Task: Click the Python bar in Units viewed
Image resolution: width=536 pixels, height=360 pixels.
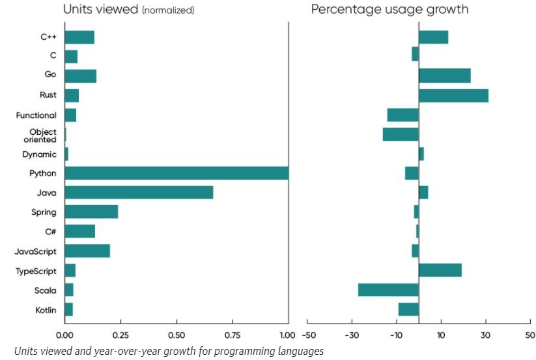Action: click(x=176, y=173)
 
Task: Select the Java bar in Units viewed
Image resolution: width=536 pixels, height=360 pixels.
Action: click(x=139, y=193)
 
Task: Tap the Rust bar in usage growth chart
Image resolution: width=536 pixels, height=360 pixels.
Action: click(x=453, y=96)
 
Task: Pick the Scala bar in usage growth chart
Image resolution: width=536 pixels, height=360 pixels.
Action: click(x=388, y=290)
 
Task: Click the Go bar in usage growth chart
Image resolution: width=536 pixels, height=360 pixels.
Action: click(x=444, y=76)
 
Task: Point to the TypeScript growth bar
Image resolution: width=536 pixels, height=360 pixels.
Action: click(x=440, y=270)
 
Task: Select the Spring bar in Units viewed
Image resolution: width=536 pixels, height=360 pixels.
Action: click(x=91, y=212)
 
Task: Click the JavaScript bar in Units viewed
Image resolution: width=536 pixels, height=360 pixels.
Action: click(x=87, y=251)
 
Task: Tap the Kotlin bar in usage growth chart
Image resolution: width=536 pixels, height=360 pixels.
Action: click(x=408, y=309)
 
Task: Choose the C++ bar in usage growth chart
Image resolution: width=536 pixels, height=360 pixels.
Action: click(x=433, y=37)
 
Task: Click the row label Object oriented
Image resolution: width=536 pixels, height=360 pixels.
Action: click(x=43, y=135)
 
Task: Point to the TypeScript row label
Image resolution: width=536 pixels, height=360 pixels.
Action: click(x=36, y=271)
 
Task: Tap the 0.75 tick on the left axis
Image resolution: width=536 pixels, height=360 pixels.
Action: click(x=233, y=336)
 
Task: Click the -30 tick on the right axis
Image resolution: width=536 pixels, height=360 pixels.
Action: click(x=352, y=336)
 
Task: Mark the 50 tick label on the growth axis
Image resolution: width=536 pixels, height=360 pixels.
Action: click(x=529, y=336)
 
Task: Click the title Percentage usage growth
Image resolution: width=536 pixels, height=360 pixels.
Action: click(x=389, y=10)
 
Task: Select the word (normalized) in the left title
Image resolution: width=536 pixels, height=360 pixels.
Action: click(x=168, y=10)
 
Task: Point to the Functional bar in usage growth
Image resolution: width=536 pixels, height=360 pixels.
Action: click(x=402, y=115)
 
